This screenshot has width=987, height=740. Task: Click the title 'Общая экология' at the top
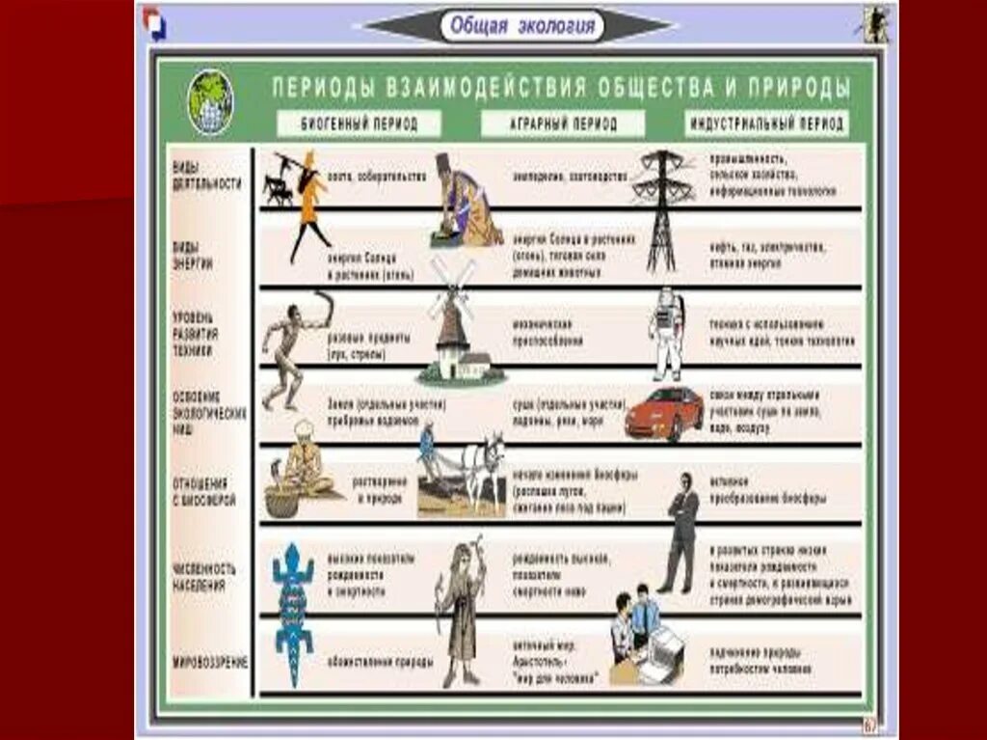click(522, 26)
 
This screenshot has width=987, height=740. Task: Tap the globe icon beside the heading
click(210, 101)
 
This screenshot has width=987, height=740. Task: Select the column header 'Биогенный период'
click(359, 123)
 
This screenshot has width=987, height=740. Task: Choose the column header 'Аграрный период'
click(563, 124)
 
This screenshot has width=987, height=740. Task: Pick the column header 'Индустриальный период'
click(766, 123)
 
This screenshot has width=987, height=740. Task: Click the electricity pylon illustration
click(662, 207)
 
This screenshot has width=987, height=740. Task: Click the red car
click(664, 413)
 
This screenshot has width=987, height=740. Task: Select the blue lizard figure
click(293, 611)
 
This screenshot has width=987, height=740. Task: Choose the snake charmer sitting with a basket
click(301, 468)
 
